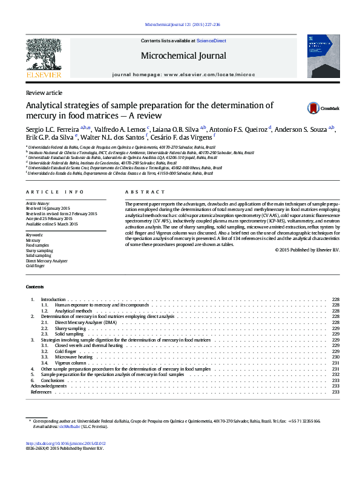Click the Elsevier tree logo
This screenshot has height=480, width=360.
44,56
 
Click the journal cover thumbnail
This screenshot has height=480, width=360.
324,56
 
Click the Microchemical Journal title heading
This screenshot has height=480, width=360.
183,56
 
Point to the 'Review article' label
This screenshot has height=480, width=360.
44,92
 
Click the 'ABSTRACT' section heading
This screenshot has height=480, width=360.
139,192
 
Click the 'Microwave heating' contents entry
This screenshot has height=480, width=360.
74,357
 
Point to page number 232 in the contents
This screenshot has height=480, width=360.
336,374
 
